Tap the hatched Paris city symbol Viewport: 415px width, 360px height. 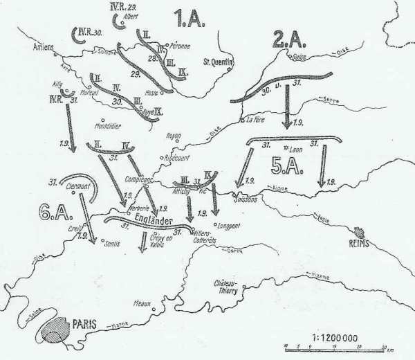[x=56, y=330]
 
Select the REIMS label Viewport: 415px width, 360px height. [x=365, y=244]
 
